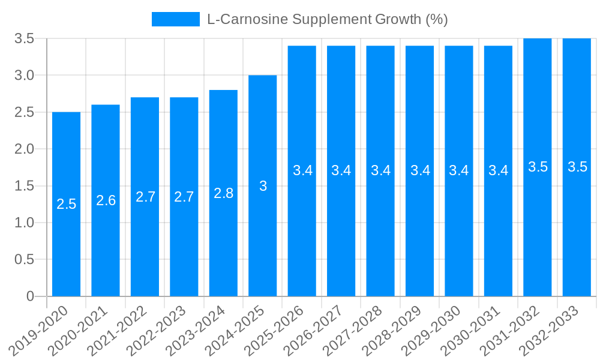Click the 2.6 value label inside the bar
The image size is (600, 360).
106,200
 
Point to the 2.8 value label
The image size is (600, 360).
223,193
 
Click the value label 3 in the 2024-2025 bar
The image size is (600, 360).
263,186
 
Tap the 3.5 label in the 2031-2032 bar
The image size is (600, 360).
538,167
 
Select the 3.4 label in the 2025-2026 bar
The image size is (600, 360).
302,170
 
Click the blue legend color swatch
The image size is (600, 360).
175,19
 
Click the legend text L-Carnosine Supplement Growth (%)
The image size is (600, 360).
327,19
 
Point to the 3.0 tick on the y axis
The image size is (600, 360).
25,76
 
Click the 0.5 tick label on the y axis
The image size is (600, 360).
25,260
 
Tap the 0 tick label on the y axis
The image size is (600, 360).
30,296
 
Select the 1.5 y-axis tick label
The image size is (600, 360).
25,186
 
